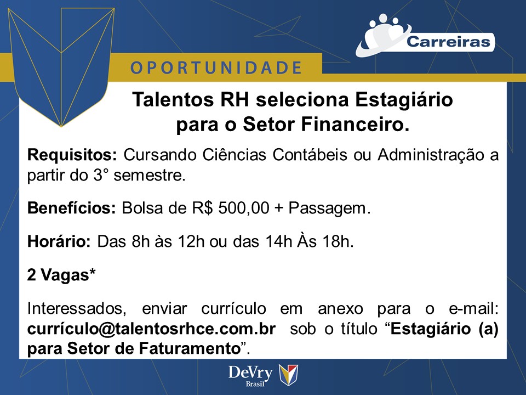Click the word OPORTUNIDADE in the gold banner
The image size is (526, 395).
[216, 68]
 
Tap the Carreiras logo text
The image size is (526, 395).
[448, 42]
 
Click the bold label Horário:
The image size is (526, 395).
[59, 242]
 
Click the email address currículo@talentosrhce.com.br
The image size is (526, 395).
[151, 329]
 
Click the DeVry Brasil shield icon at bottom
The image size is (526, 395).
[289, 375]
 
